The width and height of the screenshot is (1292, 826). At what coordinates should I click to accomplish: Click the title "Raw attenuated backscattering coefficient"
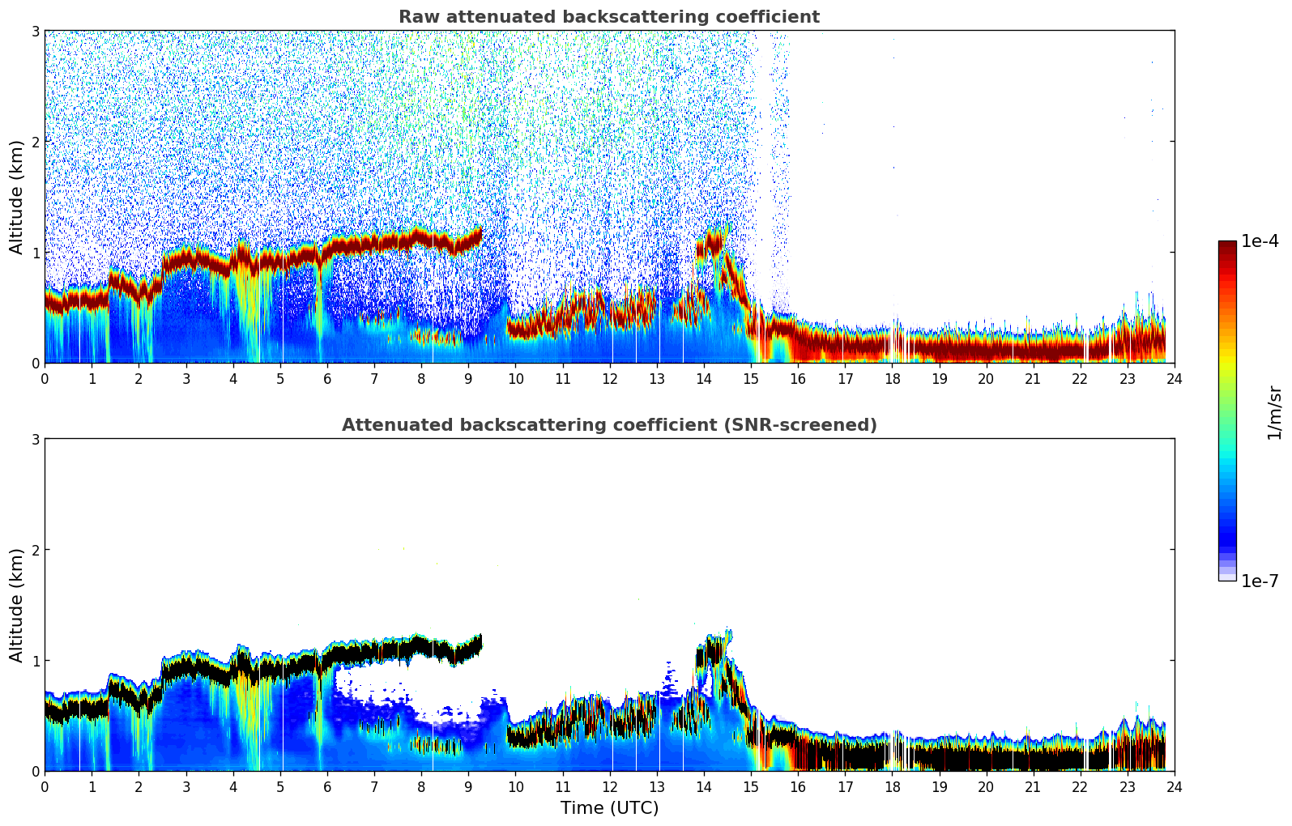coord(609,17)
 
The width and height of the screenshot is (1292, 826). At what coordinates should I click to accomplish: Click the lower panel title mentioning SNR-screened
coord(609,425)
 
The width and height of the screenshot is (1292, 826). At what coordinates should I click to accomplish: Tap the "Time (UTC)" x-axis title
coord(609,808)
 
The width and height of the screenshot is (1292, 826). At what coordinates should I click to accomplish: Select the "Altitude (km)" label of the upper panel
coord(16,197)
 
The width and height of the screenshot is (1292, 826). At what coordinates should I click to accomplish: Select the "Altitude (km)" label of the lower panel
coord(16,605)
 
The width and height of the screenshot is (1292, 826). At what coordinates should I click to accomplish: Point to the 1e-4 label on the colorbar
coord(1260,241)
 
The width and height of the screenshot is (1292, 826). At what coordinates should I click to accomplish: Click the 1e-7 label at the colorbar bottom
coord(1260,581)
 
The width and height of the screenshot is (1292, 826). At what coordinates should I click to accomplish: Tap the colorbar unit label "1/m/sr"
coord(1274,413)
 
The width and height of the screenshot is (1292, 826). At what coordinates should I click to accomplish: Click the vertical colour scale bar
coord(1227,411)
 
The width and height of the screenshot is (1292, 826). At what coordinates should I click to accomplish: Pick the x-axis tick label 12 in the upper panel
coord(609,378)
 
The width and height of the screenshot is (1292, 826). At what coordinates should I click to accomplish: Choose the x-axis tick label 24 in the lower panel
coord(1174,786)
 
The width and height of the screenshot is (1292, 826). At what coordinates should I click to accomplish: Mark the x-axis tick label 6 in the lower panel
coord(327,786)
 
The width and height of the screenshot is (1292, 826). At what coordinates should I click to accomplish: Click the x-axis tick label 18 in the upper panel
coord(892,378)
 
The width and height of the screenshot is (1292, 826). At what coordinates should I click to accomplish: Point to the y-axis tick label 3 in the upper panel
coord(36,31)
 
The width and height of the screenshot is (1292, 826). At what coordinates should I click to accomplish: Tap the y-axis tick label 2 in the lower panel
coord(36,550)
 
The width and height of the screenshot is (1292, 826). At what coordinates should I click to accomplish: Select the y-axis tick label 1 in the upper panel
coord(36,253)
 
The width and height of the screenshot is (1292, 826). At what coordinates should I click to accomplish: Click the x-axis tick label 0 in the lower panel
coord(45,786)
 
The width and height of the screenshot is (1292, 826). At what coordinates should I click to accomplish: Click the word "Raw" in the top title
coord(416,17)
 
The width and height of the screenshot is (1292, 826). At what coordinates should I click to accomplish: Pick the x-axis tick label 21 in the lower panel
coord(1033,786)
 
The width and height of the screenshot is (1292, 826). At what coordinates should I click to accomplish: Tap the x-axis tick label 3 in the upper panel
coord(186,378)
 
